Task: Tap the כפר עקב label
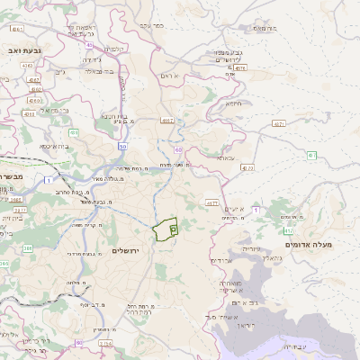152,25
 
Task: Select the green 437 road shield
311,155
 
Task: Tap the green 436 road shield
73,132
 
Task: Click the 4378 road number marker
239,67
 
